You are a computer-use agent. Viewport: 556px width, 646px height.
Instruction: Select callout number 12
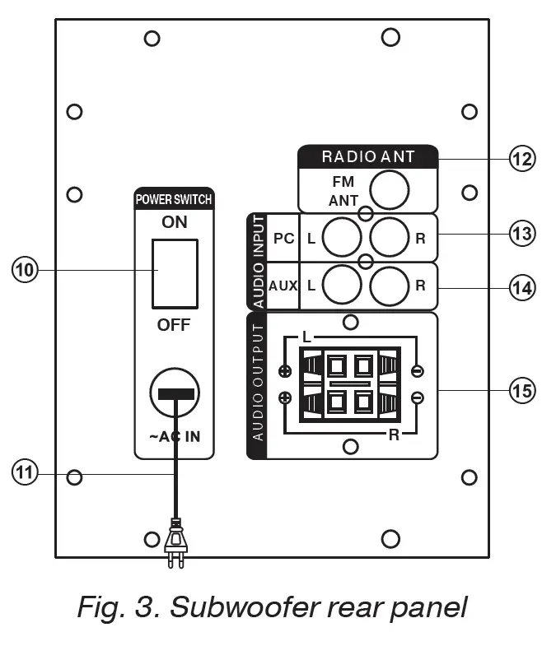click(x=521, y=157)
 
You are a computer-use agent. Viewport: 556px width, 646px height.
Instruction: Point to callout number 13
click(x=521, y=235)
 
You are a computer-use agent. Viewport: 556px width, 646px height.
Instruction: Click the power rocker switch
click(x=174, y=273)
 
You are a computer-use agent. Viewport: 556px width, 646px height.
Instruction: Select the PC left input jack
click(x=340, y=239)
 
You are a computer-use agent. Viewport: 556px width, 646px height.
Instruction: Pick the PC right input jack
click(x=389, y=239)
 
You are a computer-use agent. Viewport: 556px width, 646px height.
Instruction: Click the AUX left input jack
click(x=340, y=286)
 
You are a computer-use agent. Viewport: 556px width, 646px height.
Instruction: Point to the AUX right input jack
click(x=389, y=286)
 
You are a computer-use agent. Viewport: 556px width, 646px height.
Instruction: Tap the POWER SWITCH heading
click(x=174, y=199)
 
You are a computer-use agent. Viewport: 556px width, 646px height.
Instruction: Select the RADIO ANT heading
click(x=367, y=156)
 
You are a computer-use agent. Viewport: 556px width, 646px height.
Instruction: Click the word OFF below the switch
click(x=174, y=325)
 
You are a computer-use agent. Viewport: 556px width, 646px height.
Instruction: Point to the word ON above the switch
click(x=174, y=222)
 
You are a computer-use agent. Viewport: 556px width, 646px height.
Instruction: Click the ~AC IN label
click(x=174, y=437)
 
